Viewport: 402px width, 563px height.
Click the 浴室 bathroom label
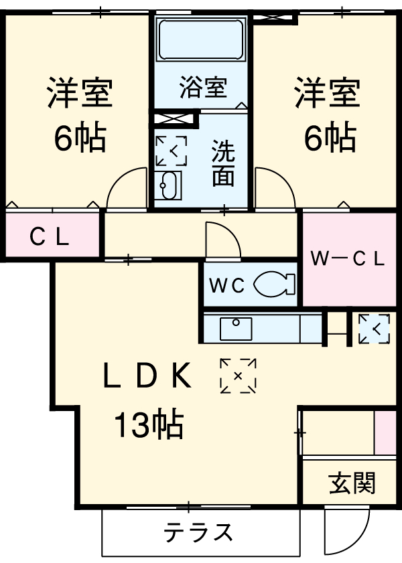tap(203, 88)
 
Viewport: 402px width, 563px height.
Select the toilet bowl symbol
tap(275, 285)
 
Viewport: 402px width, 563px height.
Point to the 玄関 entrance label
tap(352, 483)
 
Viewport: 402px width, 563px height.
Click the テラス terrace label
tap(199, 533)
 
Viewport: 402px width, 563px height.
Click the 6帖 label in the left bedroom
tap(80, 139)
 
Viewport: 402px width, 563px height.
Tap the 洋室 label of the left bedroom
tap(80, 94)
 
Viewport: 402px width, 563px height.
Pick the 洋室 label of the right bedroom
tap(328, 94)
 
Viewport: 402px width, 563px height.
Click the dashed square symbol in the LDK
tap(238, 376)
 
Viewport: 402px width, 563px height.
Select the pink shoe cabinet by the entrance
tap(385, 433)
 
